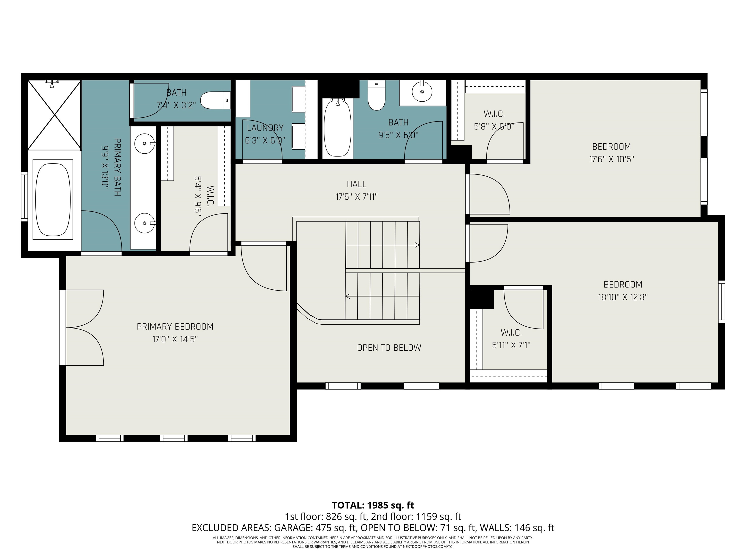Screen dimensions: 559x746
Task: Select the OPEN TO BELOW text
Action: (389, 348)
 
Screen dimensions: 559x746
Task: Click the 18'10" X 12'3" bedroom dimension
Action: (623, 297)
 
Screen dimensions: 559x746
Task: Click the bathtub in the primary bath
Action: (53, 199)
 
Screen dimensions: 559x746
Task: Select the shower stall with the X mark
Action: (54, 115)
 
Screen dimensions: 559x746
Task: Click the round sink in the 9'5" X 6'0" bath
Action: (422, 92)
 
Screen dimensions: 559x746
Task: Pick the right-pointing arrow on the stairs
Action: (417, 245)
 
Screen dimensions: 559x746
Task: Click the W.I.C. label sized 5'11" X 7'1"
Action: (511, 333)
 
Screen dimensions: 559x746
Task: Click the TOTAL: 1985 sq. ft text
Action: (373, 505)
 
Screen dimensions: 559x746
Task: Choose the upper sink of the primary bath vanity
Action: (145, 144)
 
